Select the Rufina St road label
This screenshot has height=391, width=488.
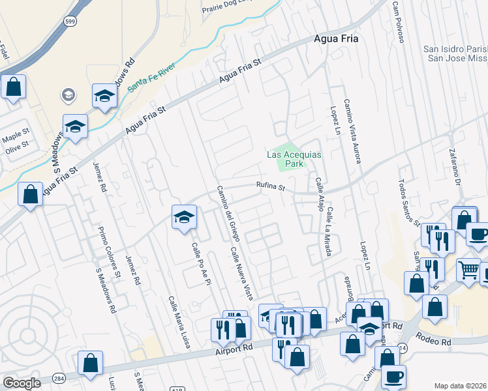point(271,188)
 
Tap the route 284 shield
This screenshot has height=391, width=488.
point(59,378)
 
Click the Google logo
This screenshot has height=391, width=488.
point(22,383)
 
